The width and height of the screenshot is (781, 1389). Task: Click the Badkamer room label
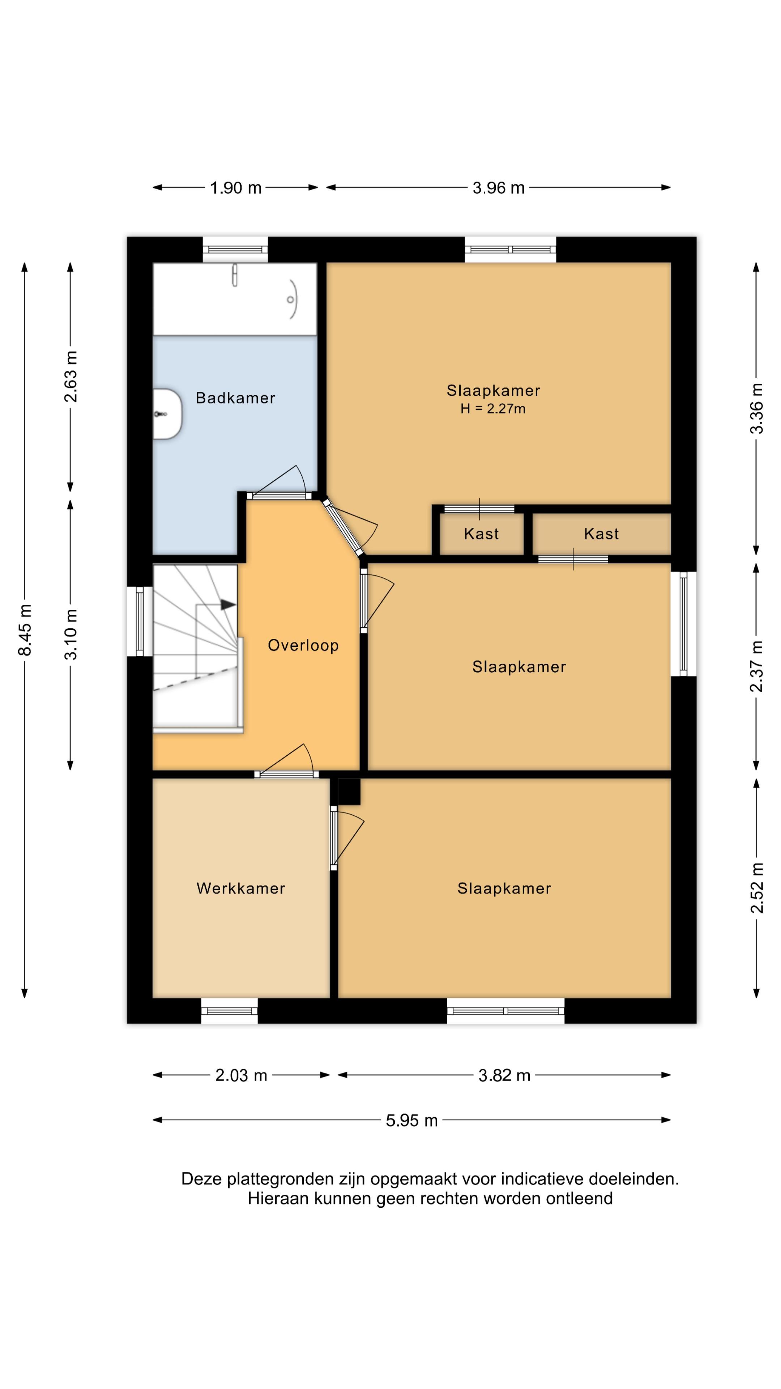[235, 398]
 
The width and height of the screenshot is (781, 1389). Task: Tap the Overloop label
[303, 645]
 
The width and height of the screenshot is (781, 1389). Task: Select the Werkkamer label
[240, 888]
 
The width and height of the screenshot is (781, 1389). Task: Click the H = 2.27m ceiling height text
[492, 409]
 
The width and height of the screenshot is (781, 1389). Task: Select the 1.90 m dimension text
[235, 188]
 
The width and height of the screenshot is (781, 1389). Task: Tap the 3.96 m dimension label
[499, 188]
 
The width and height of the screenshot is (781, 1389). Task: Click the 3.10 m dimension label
[71, 634]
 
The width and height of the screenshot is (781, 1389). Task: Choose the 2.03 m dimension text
[241, 1075]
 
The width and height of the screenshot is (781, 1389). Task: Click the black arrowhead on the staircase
[229, 605]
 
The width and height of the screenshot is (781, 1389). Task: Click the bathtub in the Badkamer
[234, 299]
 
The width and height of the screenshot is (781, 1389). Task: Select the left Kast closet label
[481, 534]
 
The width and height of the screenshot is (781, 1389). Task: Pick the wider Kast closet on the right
[602, 534]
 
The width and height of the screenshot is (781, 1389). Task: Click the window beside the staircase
[140, 621]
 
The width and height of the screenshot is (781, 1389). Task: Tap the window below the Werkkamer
[229, 1011]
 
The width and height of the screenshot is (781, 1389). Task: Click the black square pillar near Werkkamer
[349, 791]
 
